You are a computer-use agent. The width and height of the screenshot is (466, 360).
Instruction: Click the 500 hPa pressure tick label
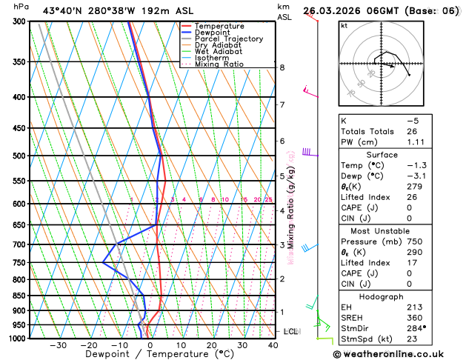pyautogui.click(x=17, y=156)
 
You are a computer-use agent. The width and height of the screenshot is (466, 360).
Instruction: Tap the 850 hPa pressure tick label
pyautogui.click(x=17, y=296)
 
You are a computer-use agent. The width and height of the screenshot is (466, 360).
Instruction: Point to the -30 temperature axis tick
pyautogui.click(x=59, y=344)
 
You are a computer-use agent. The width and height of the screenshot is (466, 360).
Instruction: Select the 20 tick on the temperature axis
pyautogui.click(x=211, y=344)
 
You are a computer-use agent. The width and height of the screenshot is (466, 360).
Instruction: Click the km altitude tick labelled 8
pyautogui.click(x=282, y=67)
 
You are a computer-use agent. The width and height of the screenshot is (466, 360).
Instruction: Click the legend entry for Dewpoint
pyautogui.click(x=213, y=33)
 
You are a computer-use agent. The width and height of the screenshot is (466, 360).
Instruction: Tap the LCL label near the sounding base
pyautogui.click(x=290, y=331)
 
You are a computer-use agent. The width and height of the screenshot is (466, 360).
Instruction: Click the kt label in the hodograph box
pyautogui.click(x=344, y=25)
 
